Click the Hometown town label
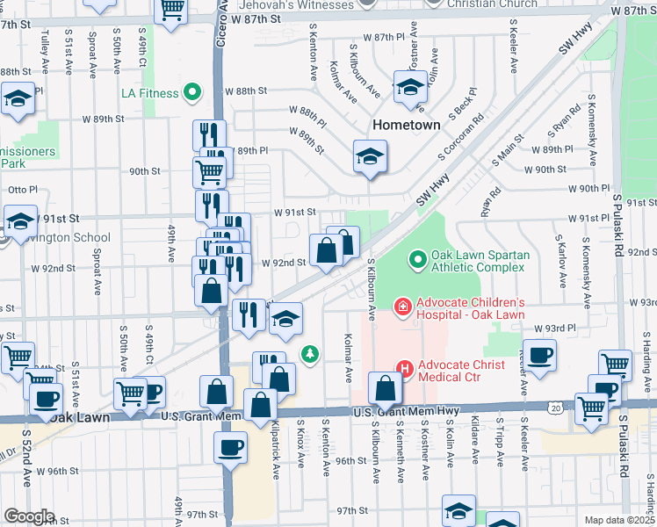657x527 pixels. click(x=406, y=125)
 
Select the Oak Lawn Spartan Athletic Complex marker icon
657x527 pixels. click(x=419, y=261)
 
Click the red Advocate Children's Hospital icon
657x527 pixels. click(x=403, y=307)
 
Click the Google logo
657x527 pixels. click(x=29, y=516)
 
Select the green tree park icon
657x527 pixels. click(x=309, y=354)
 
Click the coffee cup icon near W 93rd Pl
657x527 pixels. click(x=539, y=354)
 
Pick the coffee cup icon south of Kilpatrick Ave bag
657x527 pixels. click(x=230, y=445)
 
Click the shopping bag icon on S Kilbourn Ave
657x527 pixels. click(x=385, y=386)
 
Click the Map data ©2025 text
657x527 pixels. click(x=620, y=520)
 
